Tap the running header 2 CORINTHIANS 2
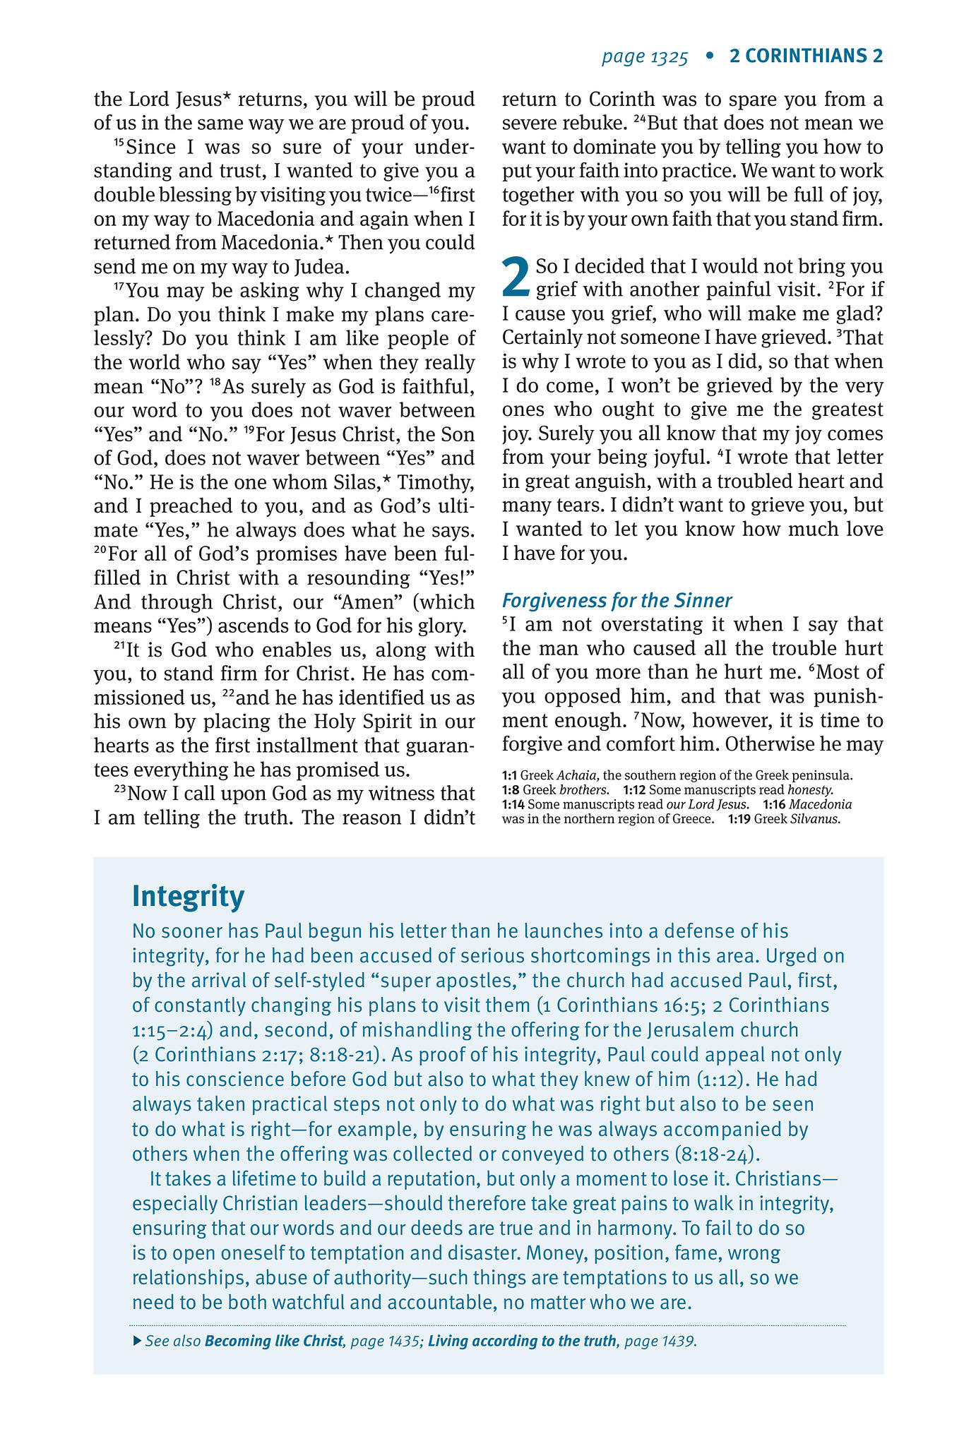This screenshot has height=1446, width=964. tap(806, 56)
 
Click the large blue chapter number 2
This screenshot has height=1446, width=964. tap(516, 277)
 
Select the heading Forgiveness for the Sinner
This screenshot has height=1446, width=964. tap(617, 601)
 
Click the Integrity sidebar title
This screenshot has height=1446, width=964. tap(188, 897)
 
